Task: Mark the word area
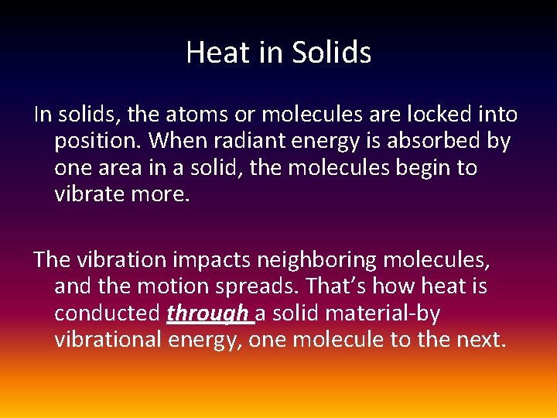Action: [128, 168]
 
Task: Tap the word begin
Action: [420, 168]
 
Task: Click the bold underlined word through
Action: [207, 313]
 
